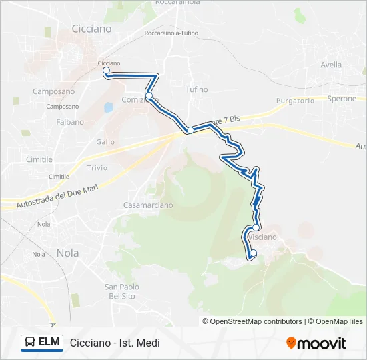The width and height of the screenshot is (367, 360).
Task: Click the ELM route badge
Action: click(42, 342)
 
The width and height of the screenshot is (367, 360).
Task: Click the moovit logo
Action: click(316, 343)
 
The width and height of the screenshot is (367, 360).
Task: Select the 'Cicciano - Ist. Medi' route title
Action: click(115, 343)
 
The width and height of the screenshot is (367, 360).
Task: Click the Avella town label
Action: click(331, 65)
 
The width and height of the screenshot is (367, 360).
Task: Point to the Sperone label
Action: click(342, 98)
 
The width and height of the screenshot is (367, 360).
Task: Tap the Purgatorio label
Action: click(296, 101)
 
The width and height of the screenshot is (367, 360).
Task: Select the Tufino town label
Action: click(197, 89)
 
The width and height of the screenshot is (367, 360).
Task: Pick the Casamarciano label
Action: click(148, 205)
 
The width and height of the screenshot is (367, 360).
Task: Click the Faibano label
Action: click(70, 122)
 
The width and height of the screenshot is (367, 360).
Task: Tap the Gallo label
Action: click(105, 142)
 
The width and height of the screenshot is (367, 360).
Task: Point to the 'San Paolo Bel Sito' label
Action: click(121, 291)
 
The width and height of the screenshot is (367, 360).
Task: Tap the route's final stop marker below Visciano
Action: click(252, 253)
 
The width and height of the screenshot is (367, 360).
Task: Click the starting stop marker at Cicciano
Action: click(106, 70)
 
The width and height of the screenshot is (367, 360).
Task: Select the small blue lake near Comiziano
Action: click(108, 106)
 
